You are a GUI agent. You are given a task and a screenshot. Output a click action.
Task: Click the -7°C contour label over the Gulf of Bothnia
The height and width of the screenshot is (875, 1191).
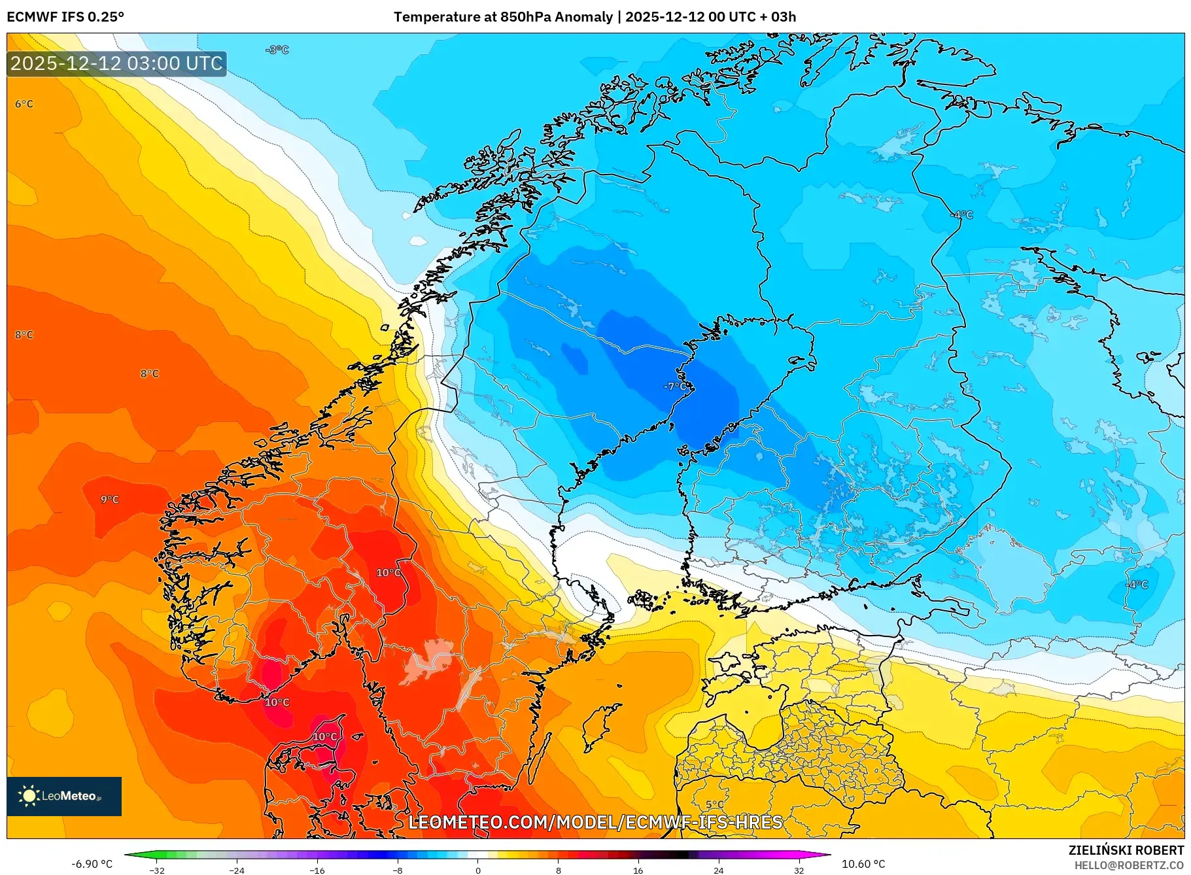coord(676,386)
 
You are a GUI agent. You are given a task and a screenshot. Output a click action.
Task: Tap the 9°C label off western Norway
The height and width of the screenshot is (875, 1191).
coord(110,500)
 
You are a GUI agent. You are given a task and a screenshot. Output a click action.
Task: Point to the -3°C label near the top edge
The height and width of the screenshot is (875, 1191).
coord(277,50)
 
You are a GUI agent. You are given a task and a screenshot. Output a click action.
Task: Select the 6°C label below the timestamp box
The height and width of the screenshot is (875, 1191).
coord(24,104)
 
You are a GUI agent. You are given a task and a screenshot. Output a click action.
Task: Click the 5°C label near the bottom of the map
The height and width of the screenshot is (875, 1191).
coord(715,804)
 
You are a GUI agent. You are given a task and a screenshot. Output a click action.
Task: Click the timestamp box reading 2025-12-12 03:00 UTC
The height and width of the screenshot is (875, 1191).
coord(116,63)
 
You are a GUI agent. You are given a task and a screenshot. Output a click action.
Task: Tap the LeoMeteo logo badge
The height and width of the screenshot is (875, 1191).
coord(64,796)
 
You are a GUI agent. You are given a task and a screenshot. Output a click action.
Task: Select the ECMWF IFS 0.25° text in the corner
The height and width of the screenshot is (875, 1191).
coord(65,17)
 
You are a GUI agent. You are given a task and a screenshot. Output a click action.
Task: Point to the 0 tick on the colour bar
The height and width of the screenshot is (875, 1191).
coord(477,870)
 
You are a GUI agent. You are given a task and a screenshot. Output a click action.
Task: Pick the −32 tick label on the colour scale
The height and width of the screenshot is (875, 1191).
coord(156,870)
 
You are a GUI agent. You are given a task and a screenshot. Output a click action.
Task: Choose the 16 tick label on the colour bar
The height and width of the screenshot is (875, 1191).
coord(638,870)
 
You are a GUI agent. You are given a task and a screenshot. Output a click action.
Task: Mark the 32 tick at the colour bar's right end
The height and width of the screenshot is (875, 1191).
coord(799,870)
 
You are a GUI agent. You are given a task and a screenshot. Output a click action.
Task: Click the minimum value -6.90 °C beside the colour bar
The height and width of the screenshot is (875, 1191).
coord(92,864)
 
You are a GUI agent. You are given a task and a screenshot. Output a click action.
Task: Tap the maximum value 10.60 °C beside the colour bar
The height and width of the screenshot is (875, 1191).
coord(863,864)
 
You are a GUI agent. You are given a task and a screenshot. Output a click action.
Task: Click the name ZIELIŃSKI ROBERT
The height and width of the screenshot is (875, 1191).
coord(1126,850)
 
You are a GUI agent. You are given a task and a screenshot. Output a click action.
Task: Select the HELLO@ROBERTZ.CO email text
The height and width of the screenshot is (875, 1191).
coord(1129,865)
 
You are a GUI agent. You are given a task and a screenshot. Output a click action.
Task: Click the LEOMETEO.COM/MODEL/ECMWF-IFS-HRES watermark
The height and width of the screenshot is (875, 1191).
coord(595,822)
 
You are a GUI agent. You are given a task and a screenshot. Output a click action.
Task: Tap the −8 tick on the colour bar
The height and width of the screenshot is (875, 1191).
coord(397,870)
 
